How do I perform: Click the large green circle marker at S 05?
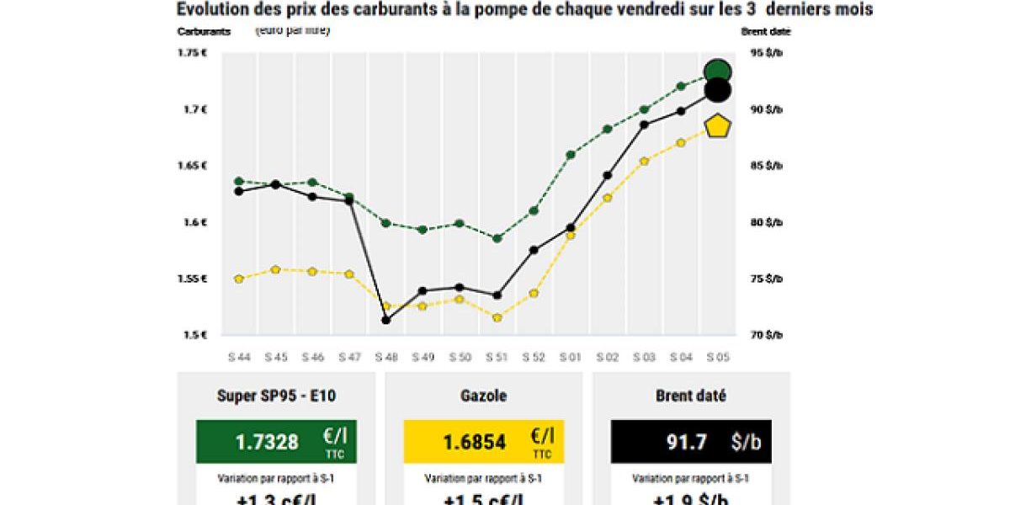[717, 72]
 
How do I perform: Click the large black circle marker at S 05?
[717, 90]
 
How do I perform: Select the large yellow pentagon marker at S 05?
[717, 126]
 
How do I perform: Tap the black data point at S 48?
[385, 320]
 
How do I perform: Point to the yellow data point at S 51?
[497, 317]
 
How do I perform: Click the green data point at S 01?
[571, 154]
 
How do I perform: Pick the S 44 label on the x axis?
[239, 357]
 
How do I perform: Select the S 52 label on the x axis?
[534, 357]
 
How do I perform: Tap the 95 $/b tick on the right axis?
[767, 53]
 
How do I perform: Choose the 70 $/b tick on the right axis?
[767, 335]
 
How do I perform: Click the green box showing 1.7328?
[276, 442]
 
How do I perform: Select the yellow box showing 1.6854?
[483, 442]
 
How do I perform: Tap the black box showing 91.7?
[691, 442]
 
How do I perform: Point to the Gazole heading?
[483, 396]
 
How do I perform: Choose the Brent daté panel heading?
[691, 396]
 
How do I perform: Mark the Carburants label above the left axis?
[204, 32]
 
